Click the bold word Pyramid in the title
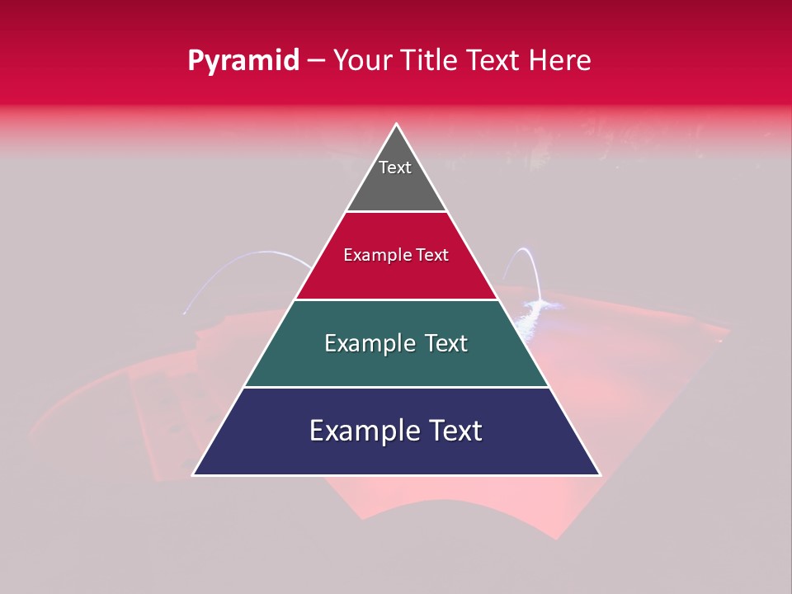[x=243, y=61]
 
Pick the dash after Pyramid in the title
[x=316, y=61]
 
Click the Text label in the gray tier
[x=395, y=167]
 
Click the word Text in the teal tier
[x=446, y=343]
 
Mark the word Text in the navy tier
[x=456, y=431]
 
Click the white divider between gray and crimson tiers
[x=396, y=212]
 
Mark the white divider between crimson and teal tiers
[x=396, y=299]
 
